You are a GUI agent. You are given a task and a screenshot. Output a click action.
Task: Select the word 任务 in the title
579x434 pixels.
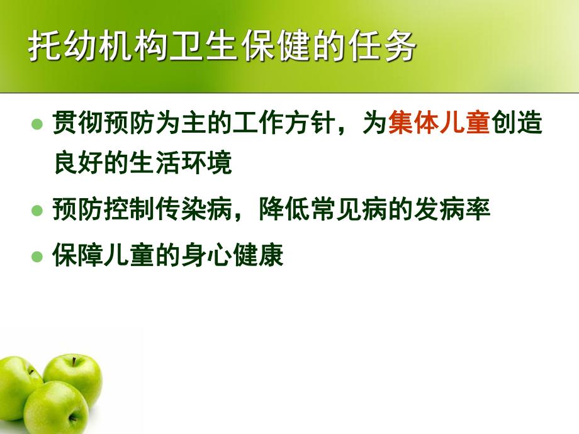pos(394,48)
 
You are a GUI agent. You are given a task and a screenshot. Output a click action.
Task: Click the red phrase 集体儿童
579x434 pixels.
pos(439,123)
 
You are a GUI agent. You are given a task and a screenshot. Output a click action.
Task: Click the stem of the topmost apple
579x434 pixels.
pos(74,361)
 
